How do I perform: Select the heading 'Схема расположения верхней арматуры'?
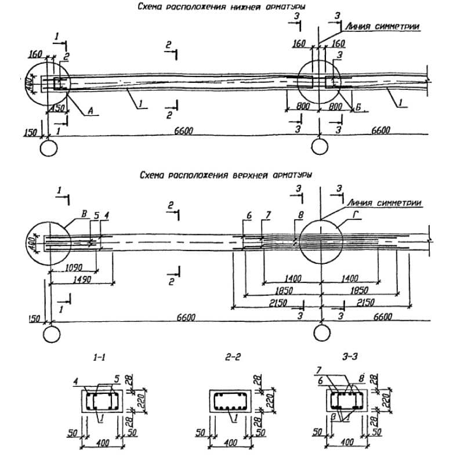coord(226,174)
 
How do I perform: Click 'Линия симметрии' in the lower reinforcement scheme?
coord(381,26)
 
